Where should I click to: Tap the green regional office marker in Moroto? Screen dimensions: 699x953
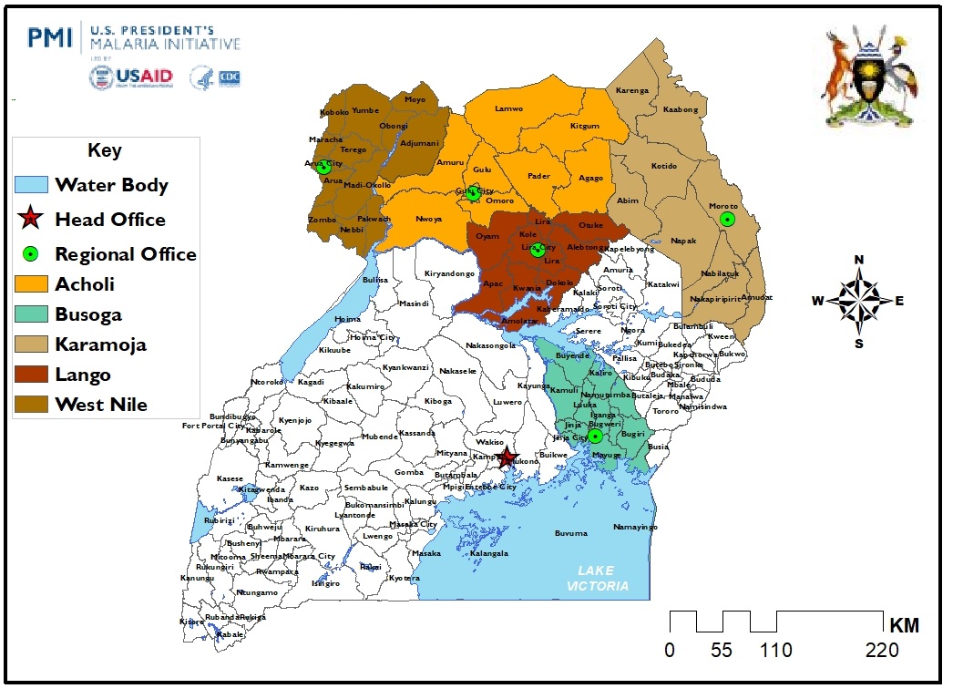tap(727, 219)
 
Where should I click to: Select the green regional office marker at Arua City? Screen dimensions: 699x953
tap(323, 167)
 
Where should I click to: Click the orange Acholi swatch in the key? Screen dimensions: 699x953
tap(30, 284)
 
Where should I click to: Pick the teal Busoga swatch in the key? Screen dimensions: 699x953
tap(30, 314)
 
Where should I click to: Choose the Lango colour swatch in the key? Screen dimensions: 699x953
tap(30, 375)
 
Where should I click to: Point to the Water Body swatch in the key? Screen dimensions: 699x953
tap(30, 185)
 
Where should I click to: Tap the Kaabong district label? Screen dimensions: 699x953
tap(680, 109)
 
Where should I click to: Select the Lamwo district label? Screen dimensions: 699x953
tap(508, 108)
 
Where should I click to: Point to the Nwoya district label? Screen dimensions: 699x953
tap(429, 219)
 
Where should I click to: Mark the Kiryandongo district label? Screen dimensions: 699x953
tap(450, 273)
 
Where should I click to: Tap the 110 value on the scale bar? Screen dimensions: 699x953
tap(775, 650)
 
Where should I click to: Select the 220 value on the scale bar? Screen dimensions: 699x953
tap(881, 650)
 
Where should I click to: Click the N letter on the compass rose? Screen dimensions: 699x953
tap(858, 260)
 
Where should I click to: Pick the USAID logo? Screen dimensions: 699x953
tap(131, 77)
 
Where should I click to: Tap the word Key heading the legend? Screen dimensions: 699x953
tap(105, 150)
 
